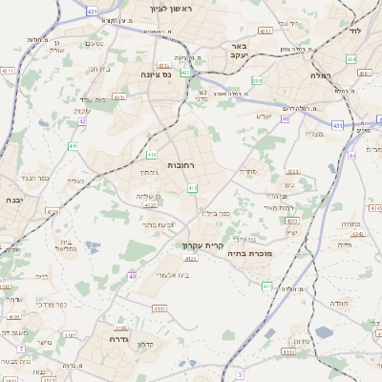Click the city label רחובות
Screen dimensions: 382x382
pos(180,165)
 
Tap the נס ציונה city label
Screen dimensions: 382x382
pos(157,74)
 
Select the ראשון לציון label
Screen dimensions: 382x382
pos(171,10)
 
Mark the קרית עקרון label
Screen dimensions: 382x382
pos(202,244)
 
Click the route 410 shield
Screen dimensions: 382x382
pos(152,155)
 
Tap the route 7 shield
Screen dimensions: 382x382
pos(21,350)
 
